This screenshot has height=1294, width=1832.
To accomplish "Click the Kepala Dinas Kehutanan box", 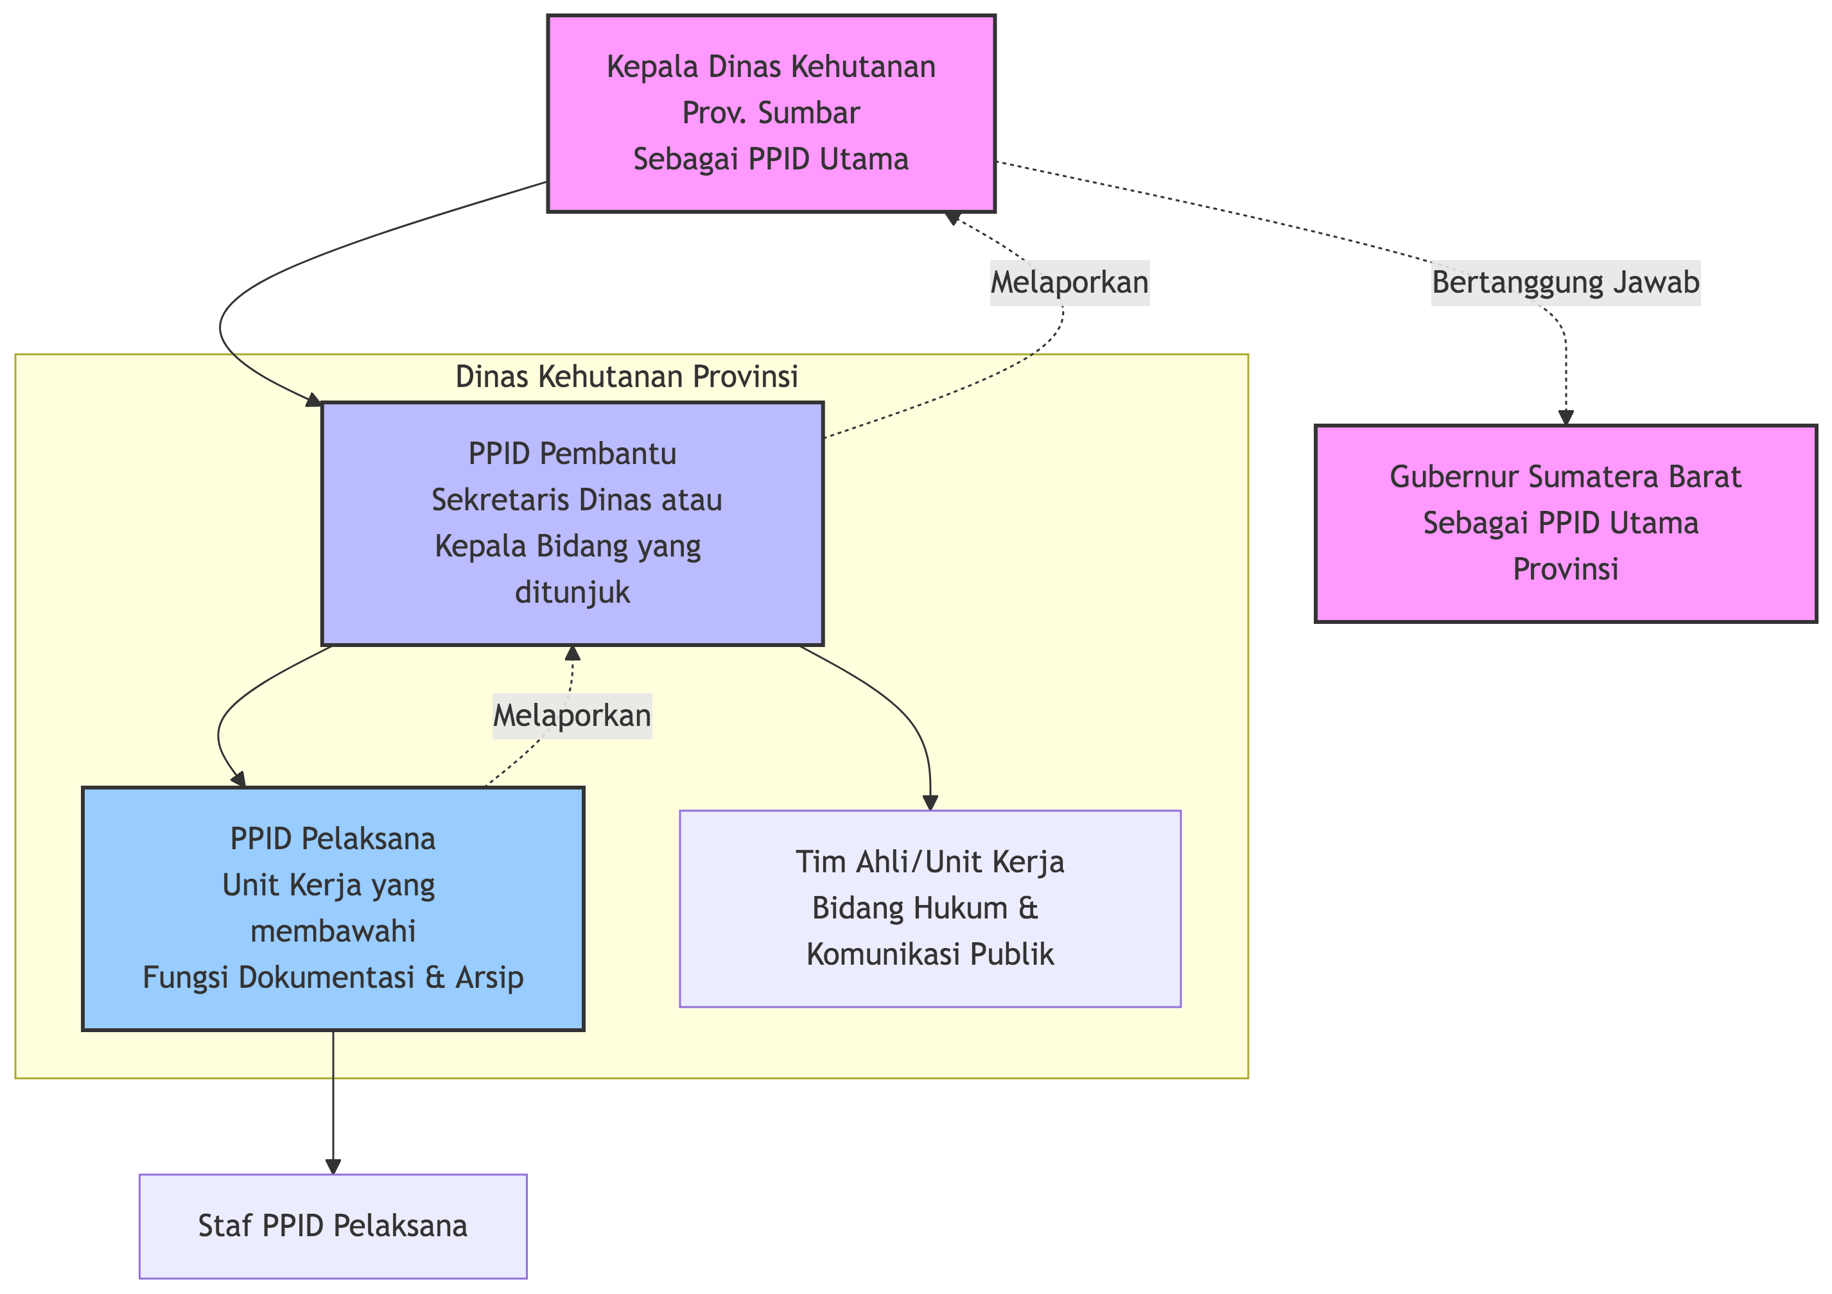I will pyautogui.click(x=771, y=113).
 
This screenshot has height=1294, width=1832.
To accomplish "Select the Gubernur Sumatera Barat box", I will pyautogui.click(x=1566, y=523).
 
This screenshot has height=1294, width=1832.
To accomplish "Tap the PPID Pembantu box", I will pyautogui.click(x=572, y=523).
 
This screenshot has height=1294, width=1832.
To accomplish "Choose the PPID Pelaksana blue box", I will pyautogui.click(x=333, y=909).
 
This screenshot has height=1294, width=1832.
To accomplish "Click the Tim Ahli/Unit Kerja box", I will pyautogui.click(x=930, y=909).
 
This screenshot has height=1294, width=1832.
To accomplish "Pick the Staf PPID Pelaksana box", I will pyautogui.click(x=333, y=1226).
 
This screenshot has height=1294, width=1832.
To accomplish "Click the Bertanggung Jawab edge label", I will pyautogui.click(x=1566, y=283).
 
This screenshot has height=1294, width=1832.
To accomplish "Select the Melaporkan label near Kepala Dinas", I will pyautogui.click(x=1069, y=283).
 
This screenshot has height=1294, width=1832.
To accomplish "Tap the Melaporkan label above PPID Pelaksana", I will pyautogui.click(x=572, y=716).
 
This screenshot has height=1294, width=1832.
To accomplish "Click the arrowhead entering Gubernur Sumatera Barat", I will pyautogui.click(x=1566, y=417).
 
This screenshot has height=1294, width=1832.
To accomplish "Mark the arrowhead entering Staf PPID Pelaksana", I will pyautogui.click(x=333, y=1166).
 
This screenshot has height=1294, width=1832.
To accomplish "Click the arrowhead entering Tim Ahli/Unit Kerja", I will pyautogui.click(x=930, y=802).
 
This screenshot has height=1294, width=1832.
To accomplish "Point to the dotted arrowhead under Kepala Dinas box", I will pyautogui.click(x=952, y=218).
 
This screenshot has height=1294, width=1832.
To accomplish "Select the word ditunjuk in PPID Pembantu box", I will pyautogui.click(x=572, y=592).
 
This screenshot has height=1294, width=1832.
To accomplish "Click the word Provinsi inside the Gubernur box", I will pyautogui.click(x=1566, y=569).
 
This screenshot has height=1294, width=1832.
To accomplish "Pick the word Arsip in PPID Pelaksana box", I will pyautogui.click(x=489, y=978).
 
